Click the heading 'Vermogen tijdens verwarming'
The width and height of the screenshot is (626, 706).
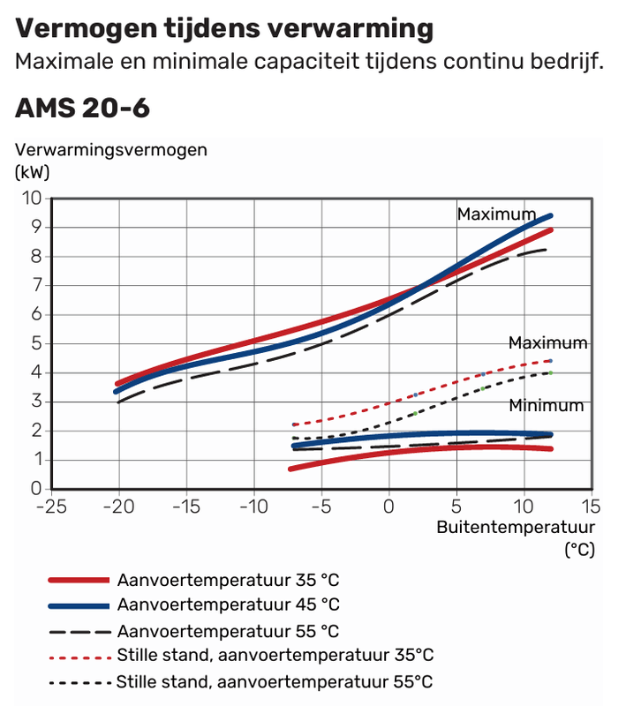(x=224, y=29)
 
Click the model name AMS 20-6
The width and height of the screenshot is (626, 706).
(x=82, y=109)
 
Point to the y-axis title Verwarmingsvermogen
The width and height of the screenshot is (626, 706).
(x=110, y=149)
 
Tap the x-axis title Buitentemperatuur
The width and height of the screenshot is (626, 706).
(x=516, y=528)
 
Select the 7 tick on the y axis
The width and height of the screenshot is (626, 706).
(x=36, y=285)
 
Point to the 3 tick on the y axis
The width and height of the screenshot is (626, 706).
(x=36, y=402)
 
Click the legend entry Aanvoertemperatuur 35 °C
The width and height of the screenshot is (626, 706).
(x=228, y=580)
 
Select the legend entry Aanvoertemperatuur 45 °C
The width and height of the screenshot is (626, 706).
(x=228, y=605)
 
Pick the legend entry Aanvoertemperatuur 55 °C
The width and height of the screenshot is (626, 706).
(x=228, y=631)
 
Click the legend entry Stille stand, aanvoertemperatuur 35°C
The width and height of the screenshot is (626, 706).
(x=275, y=656)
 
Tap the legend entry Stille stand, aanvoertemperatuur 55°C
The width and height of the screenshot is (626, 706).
(x=275, y=682)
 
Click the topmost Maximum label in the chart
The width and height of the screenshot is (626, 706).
(x=495, y=214)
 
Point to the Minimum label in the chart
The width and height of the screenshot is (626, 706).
(x=546, y=406)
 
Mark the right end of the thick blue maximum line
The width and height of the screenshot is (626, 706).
(x=551, y=215)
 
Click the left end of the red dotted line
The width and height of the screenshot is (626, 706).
(x=294, y=424)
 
